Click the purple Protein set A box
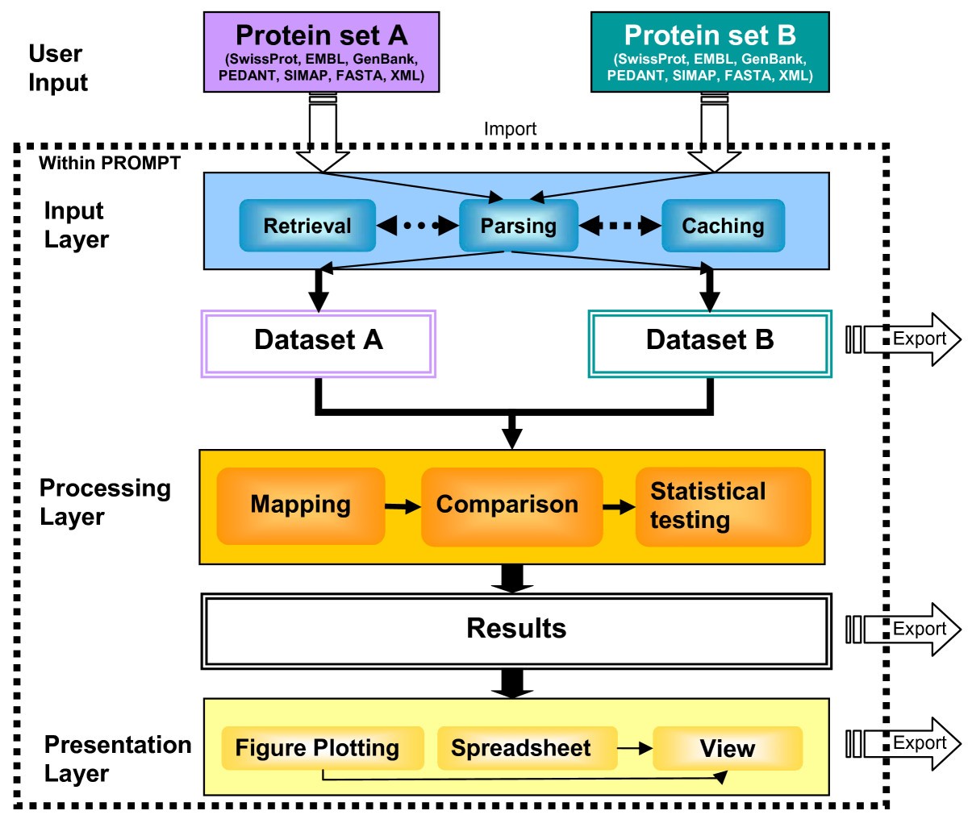pos(321,52)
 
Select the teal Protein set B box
pos(710,52)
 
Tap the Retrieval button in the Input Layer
pos(307,226)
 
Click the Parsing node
pos(519,226)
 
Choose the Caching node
pos(723,226)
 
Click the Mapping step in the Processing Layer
pos(300,505)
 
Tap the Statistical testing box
pos(723,505)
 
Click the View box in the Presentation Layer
pos(727,748)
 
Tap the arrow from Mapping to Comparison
pos(403,507)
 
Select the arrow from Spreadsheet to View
pos(635,749)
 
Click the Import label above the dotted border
pos(510,129)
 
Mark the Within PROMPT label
pos(110,163)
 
